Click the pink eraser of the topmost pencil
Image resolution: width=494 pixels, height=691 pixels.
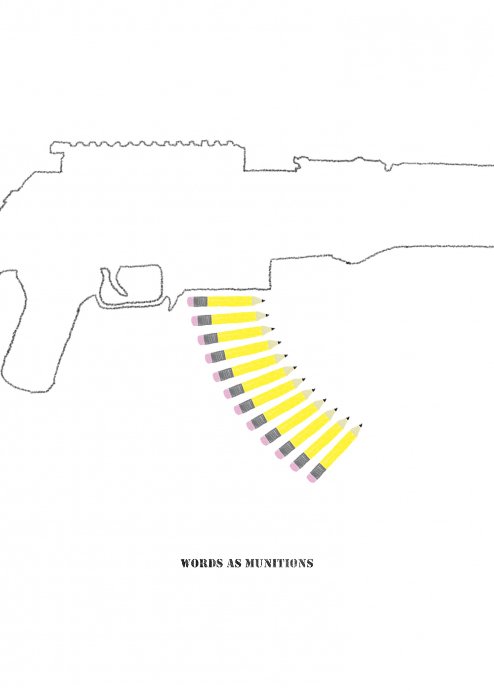point(190,302)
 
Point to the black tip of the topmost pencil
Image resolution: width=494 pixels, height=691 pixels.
point(263,300)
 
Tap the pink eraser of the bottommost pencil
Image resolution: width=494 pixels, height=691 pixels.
point(311,487)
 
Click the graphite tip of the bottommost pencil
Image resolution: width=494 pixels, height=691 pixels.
point(361,425)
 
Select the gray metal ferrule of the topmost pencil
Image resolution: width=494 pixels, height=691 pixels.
point(200,302)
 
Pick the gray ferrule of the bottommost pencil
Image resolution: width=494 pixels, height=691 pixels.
point(317,479)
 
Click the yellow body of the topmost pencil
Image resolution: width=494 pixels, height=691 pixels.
point(229,301)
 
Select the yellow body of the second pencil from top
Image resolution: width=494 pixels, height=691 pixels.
point(234,318)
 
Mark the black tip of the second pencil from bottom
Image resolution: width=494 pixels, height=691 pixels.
point(348,418)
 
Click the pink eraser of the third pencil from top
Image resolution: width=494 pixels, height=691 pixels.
point(201,340)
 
